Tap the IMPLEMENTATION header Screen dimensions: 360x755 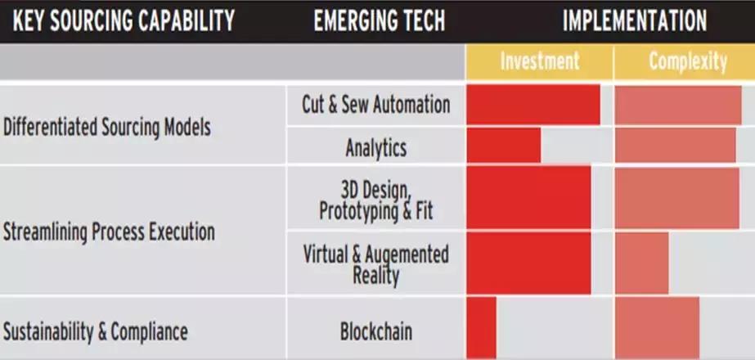tap(634, 20)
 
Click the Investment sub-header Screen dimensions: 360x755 tap(539, 61)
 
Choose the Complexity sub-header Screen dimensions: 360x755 tap(687, 61)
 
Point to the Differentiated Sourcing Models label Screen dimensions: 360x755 tap(107, 127)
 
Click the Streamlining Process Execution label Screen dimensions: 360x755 tap(109, 232)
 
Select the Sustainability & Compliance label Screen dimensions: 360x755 tap(96, 331)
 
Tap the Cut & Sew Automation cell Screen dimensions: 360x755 tap(376, 105)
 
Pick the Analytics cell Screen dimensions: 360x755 tap(376, 148)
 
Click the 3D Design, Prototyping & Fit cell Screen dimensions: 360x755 tap(376, 199)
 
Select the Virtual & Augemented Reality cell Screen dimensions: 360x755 tap(376, 263)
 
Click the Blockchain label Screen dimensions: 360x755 tap(376, 331)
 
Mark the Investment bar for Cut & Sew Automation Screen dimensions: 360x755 tap(533, 105)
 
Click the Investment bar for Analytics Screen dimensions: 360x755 tap(504, 146)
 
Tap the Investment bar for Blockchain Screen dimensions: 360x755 tap(482, 327)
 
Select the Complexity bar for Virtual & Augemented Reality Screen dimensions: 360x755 tap(641, 263)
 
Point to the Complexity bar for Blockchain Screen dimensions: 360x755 tap(657, 327)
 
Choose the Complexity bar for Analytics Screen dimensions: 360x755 tap(675, 146)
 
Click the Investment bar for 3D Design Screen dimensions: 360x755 tap(528, 197)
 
